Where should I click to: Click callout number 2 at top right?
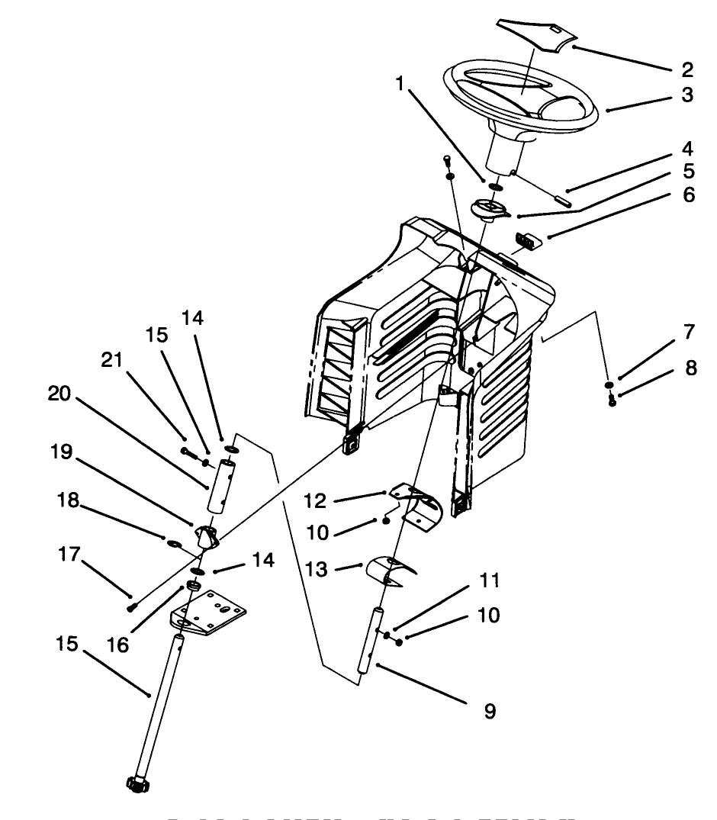point(687,70)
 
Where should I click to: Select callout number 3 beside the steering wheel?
point(687,95)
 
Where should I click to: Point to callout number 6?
point(687,195)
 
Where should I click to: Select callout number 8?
point(691,368)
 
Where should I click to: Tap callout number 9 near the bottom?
point(490,711)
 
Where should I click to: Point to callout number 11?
point(489,581)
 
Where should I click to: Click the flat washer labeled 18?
point(173,545)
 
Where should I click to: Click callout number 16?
point(119,645)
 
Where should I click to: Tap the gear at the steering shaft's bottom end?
point(135,783)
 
